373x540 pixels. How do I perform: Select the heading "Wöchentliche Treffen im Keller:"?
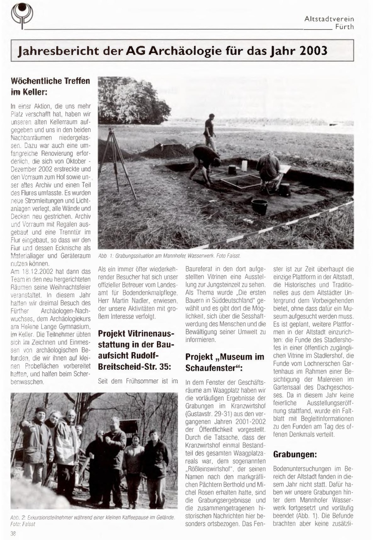point(50,86)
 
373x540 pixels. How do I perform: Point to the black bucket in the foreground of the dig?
point(259,207)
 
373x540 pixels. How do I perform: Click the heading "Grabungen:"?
point(295,454)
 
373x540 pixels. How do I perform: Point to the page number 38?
point(13,533)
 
